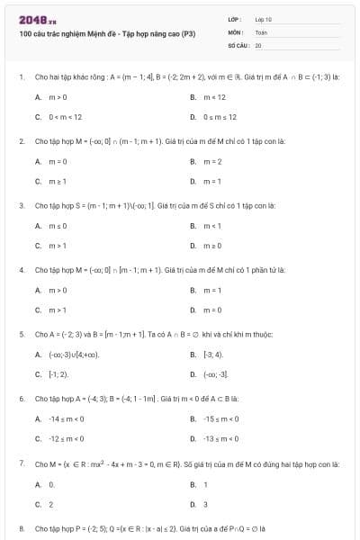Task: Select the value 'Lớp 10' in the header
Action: [264, 19]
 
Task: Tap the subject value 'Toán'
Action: [261, 31]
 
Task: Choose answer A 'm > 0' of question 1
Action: [58, 96]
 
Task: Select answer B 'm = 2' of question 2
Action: [213, 161]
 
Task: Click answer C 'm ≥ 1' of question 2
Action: [58, 182]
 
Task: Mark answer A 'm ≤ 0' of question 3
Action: [58, 225]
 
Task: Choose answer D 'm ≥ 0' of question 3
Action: [213, 246]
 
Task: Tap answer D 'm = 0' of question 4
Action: [213, 310]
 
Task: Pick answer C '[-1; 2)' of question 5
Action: [58, 373]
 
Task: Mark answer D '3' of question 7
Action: [206, 504]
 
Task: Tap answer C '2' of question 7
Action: [51, 504]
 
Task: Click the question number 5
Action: [21, 333]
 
